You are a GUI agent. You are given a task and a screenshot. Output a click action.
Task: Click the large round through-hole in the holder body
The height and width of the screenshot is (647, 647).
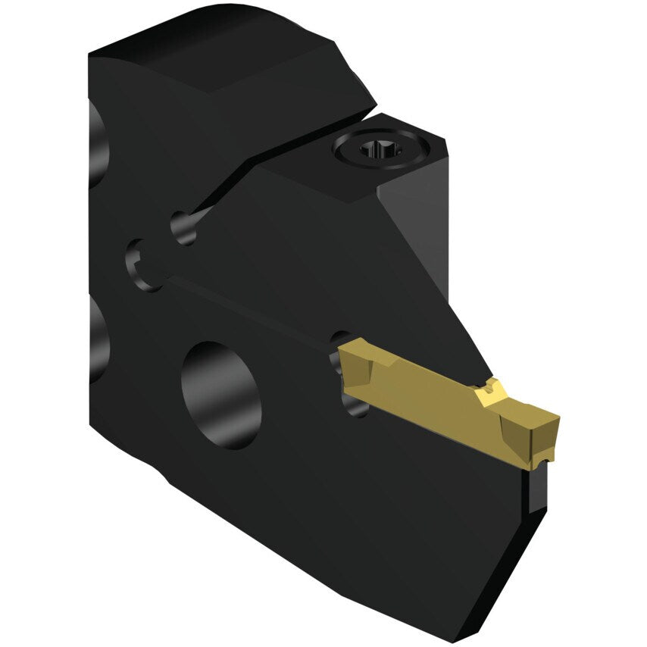point(221,394)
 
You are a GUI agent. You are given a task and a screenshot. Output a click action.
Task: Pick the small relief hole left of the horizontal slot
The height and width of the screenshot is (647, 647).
point(141,265)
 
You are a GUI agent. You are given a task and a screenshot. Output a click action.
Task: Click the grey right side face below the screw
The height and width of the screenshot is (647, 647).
point(424,227)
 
